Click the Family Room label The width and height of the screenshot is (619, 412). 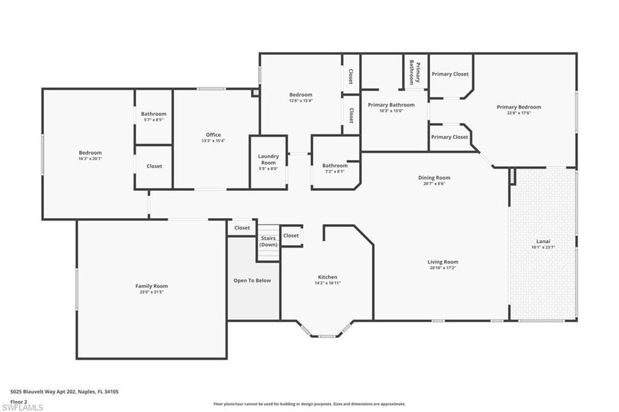(152, 286)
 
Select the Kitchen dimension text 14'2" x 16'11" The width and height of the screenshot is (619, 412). (328, 283)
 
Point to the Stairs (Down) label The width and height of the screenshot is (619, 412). (268, 241)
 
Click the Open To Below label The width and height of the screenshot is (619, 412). (253, 280)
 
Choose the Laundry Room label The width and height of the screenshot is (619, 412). (268, 159)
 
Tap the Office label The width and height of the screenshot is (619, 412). (213, 135)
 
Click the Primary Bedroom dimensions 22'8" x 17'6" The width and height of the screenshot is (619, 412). (519, 113)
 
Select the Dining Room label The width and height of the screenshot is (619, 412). (434, 178)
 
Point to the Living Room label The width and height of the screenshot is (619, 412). (443, 262)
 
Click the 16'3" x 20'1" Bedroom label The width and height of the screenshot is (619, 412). (90, 153)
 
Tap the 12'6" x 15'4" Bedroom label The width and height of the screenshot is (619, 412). (300, 95)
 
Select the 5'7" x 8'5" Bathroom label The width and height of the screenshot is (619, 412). (154, 114)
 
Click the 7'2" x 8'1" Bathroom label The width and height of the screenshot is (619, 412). (335, 166)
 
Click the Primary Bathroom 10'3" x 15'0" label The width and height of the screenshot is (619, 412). (391, 105)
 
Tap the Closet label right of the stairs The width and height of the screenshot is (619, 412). (291, 236)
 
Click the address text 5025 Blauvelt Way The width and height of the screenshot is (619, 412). (65, 391)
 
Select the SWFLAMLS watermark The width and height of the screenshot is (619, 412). (22, 407)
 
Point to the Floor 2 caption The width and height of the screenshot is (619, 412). (19, 401)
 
